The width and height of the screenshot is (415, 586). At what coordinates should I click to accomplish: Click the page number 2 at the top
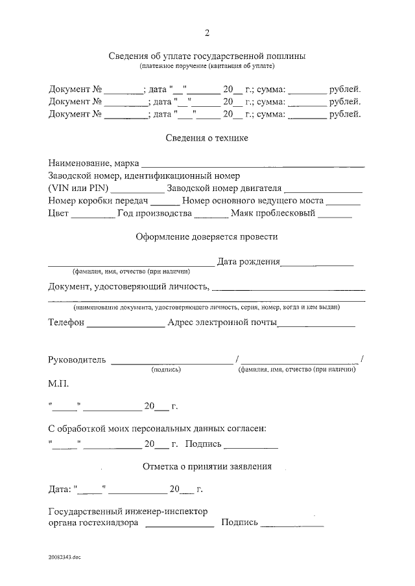[x=207, y=33]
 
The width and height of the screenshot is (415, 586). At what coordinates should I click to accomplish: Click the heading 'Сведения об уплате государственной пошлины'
[x=207, y=56]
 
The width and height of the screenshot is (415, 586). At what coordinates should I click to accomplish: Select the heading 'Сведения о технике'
[x=207, y=138]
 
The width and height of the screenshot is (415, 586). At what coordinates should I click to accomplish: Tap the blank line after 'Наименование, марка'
[x=252, y=165]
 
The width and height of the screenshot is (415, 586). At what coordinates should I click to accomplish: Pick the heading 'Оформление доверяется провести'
[x=207, y=236]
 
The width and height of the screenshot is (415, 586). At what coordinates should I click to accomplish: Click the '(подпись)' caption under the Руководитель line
[x=166, y=370]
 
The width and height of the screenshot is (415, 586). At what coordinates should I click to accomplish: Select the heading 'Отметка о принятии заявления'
[x=207, y=466]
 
